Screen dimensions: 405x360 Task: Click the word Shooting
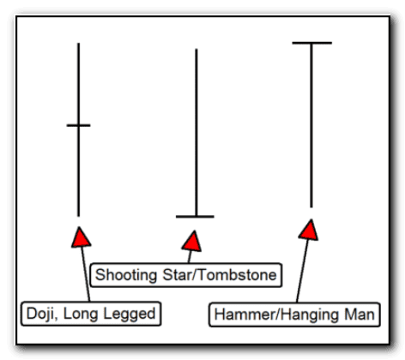pos(126,276)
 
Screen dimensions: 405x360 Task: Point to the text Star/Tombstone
pos(220,275)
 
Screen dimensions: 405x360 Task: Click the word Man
pos(360,315)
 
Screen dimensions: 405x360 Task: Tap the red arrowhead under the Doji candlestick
pos(81,237)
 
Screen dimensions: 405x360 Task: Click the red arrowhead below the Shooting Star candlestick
pos(192,242)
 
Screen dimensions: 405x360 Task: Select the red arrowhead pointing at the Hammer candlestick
pos(309,230)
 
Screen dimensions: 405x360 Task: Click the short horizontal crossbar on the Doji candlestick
pos(78,125)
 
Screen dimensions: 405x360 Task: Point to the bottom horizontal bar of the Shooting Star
pos(195,217)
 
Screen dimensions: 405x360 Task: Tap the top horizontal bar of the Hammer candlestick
pos(311,43)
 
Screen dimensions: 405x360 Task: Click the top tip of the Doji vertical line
pos(78,44)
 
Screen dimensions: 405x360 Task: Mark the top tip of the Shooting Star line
pos(196,49)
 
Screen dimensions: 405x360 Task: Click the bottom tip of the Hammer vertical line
pos(311,207)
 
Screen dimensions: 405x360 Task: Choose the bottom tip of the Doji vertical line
pos(78,216)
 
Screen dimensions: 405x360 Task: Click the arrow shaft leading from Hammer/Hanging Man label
pos(302,271)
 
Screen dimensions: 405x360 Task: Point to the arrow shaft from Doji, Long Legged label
pos(86,273)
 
